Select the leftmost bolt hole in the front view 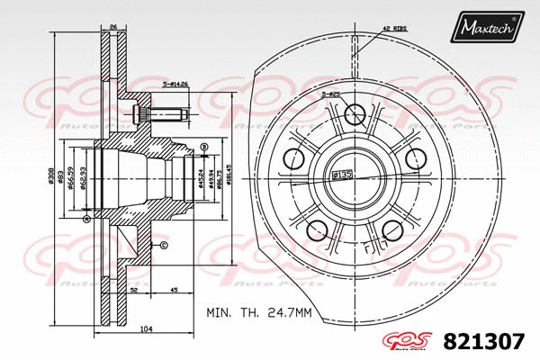click(294, 159)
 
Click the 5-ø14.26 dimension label click(175, 85)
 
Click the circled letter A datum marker click(86, 219)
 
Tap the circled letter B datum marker click(205, 146)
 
